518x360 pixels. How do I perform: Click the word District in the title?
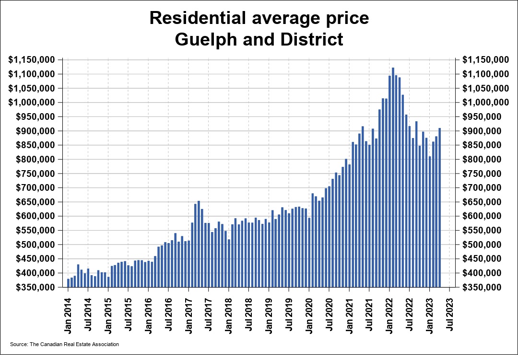(x=313, y=39)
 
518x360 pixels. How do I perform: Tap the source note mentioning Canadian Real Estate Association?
(x=64, y=344)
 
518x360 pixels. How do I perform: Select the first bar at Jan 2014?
(x=68, y=283)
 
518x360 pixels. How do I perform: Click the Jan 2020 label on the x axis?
(x=309, y=314)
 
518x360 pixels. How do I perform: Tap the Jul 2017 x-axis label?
(x=209, y=314)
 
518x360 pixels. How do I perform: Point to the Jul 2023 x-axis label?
(x=450, y=314)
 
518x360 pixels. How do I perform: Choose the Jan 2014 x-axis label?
(x=68, y=314)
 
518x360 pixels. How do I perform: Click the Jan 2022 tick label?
(x=389, y=314)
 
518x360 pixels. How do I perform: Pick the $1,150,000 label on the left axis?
(x=33, y=60)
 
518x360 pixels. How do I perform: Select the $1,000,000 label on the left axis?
(x=33, y=103)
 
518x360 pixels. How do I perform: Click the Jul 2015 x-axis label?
(x=129, y=314)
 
